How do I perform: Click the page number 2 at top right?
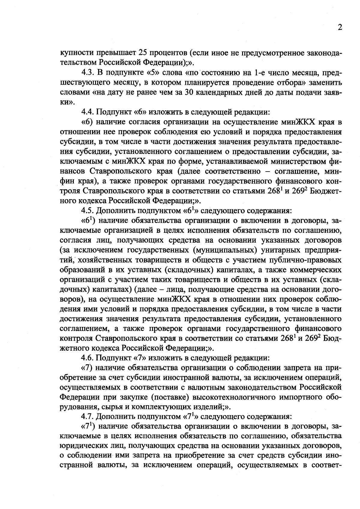(x=340, y=28)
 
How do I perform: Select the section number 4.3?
(x=87, y=73)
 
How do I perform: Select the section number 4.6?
(x=87, y=358)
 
